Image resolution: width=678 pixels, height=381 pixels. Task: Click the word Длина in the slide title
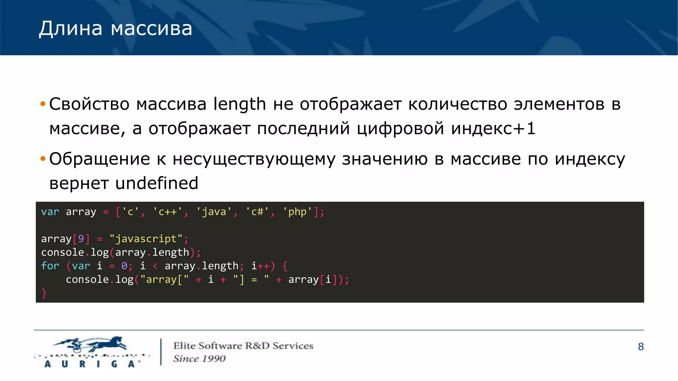point(71,28)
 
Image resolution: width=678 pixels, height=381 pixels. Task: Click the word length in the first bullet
point(239,104)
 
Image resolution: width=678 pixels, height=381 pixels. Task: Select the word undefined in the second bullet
point(157,183)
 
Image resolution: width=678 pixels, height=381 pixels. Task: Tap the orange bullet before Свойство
point(42,104)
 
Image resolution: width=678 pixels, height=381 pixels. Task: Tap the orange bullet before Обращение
point(42,159)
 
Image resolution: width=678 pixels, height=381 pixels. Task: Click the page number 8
point(641,347)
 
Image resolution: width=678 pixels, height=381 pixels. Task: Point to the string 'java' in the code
point(214,212)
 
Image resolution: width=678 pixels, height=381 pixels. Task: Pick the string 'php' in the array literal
point(297,212)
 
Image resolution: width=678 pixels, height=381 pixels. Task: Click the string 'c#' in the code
point(257,212)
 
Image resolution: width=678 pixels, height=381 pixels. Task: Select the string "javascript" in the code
point(146,239)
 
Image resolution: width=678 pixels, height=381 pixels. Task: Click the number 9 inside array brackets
point(81,239)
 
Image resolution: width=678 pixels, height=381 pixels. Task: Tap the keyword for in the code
point(50,266)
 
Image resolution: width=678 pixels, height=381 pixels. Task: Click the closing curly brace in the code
point(44,293)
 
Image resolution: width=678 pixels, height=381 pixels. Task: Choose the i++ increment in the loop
point(261,266)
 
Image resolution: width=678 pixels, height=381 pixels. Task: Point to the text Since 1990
point(199,359)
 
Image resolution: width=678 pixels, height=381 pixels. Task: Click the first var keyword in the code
point(50,212)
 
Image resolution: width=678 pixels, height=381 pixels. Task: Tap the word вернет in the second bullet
point(79,183)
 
